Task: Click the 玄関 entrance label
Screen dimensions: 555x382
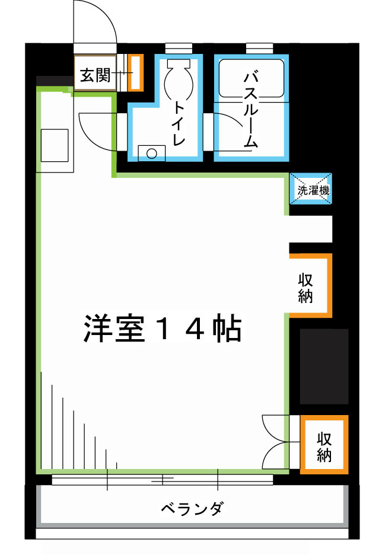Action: (x=95, y=75)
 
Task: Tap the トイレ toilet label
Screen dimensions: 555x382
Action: (x=179, y=123)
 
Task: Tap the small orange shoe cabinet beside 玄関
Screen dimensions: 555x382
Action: (x=136, y=72)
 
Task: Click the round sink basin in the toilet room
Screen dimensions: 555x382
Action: (x=152, y=154)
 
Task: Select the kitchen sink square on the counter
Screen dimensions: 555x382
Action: (x=55, y=145)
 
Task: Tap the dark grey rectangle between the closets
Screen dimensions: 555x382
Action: (x=324, y=366)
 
